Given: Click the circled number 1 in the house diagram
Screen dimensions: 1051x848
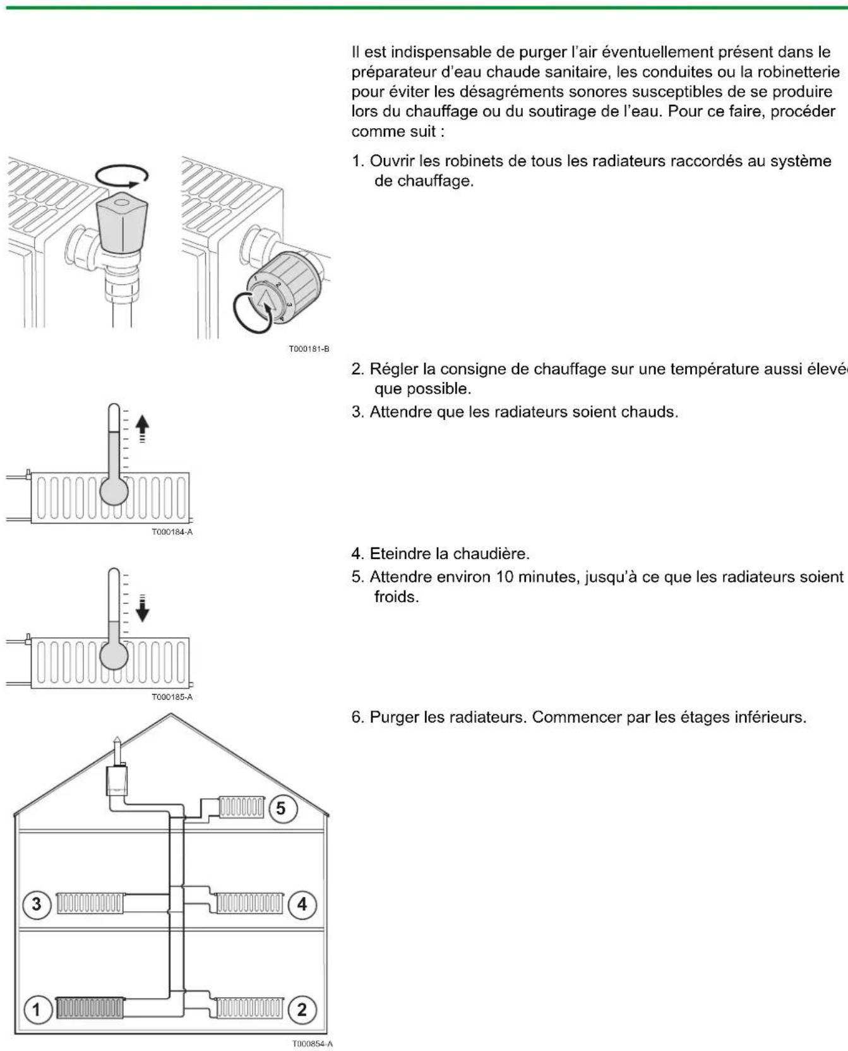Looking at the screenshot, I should (36, 1009).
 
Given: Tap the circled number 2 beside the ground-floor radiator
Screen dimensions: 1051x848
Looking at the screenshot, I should (302, 1009).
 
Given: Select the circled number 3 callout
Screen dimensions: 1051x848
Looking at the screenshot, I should (36, 904).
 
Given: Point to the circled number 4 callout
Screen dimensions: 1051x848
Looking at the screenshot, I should (302, 904).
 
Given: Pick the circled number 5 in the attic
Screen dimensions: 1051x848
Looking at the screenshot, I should (281, 808).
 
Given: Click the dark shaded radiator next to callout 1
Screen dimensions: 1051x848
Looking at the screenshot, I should (90, 1007).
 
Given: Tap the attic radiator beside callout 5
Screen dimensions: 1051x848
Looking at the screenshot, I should (241, 807).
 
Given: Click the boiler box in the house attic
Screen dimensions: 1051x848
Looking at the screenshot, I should (117, 781).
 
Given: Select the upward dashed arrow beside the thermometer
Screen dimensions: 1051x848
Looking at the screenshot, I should (143, 428).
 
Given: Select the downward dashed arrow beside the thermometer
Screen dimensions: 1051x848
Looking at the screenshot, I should (143, 608).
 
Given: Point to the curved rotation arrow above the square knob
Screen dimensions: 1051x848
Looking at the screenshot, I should (122, 176).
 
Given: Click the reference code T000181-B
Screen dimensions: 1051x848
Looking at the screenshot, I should (309, 349).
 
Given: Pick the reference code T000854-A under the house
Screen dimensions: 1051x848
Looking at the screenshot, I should (311, 1044).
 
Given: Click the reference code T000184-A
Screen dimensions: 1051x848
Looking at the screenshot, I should (172, 532).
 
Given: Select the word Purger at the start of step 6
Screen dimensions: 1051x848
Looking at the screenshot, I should (393, 718).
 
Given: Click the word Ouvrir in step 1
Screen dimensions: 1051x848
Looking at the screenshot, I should (388, 161).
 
